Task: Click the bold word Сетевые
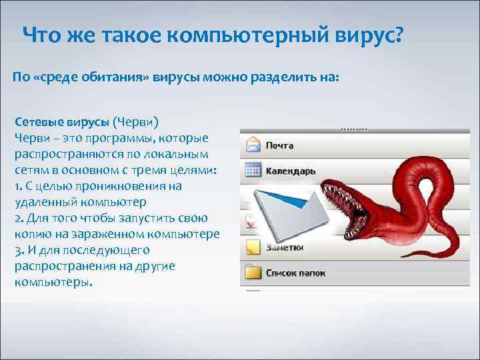click(38, 122)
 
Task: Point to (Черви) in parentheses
click(135, 122)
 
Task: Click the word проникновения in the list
click(123, 186)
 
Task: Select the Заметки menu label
click(285, 247)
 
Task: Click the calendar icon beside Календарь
click(252, 171)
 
